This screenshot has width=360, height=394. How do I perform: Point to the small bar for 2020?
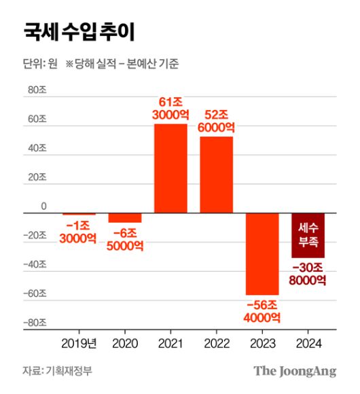coord(125,218)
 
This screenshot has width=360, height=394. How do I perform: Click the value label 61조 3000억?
coord(170,108)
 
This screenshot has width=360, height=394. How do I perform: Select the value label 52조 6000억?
coord(216,120)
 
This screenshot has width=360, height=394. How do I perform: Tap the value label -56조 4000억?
coord(262,310)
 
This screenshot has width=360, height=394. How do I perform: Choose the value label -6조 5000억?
coord(125,238)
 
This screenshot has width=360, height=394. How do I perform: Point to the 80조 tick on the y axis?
coord(36,94)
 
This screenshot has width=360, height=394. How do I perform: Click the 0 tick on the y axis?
coord(43,206)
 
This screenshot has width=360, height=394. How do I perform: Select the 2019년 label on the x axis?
coord(79,343)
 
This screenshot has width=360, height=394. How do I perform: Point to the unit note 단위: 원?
coord(40,65)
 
